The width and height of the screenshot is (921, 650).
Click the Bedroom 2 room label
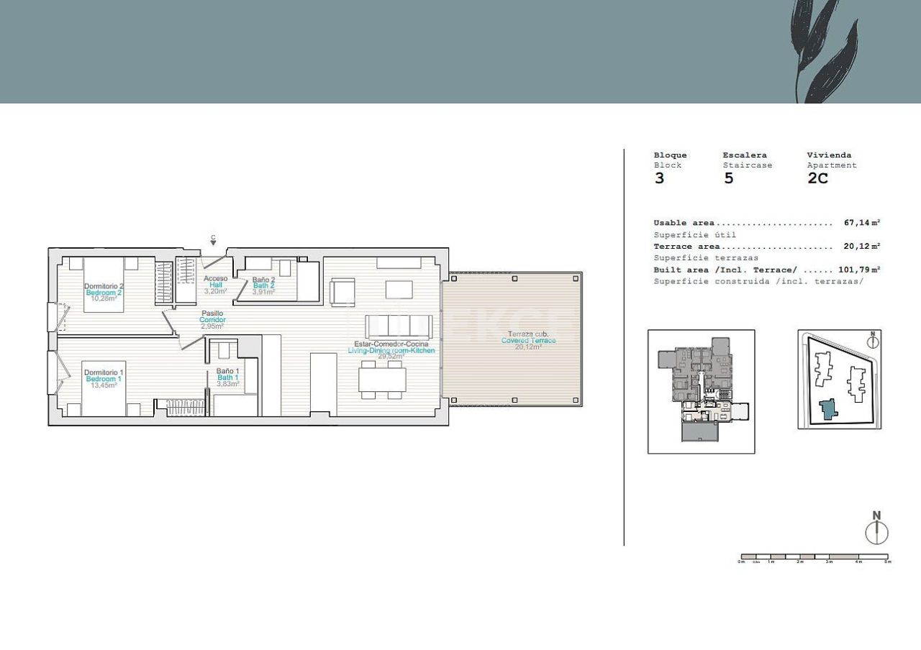[x=104, y=293]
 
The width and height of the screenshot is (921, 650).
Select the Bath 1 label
[x=228, y=377]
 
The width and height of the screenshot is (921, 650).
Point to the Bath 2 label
[x=263, y=285]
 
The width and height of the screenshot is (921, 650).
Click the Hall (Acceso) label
[x=216, y=285]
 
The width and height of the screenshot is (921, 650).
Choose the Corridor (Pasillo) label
[x=212, y=319]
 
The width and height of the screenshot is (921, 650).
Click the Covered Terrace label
[x=528, y=340]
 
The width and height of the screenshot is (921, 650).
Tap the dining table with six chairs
[x=382, y=379]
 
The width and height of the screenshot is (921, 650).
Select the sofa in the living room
[x=399, y=327]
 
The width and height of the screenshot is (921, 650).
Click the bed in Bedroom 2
[x=104, y=284]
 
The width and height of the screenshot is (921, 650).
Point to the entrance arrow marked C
[x=213, y=242]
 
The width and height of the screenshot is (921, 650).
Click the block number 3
[x=659, y=179]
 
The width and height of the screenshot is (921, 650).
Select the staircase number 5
[x=728, y=179]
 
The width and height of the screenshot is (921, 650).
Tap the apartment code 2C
[x=817, y=179]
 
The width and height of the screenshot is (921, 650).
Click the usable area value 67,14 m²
[x=862, y=223]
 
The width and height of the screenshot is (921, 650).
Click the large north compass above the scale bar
[x=876, y=532]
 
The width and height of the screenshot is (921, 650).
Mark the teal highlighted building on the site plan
[x=829, y=409]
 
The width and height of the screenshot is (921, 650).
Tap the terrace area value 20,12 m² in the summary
[x=862, y=246]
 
